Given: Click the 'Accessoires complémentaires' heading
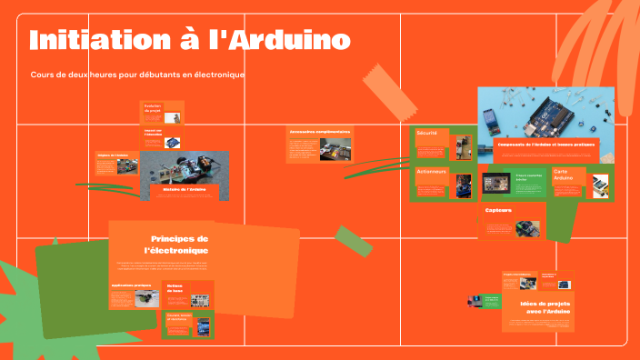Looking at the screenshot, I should tap(319, 131).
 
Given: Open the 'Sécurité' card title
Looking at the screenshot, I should tap(427, 134).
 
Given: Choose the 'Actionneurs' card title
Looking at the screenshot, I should tap(433, 171).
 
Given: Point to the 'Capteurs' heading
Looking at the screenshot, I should tap(498, 210).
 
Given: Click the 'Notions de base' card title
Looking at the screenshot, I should tap(175, 289).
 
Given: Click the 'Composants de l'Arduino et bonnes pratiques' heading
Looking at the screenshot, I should tap(545, 145).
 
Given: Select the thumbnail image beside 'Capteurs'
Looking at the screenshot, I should tap(528, 228).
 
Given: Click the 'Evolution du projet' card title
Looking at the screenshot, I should tap(152, 107).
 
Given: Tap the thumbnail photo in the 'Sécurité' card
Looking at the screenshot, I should tap(464, 146).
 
